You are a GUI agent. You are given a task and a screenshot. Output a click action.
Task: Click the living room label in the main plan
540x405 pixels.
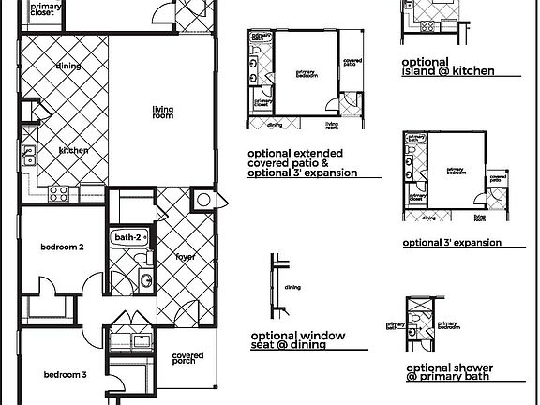[164, 112]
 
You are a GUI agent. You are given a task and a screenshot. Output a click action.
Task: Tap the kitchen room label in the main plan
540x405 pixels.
[73, 150]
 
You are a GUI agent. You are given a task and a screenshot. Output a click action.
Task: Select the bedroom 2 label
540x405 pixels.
[63, 247]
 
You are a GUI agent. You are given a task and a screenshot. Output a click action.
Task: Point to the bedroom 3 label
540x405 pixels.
[66, 375]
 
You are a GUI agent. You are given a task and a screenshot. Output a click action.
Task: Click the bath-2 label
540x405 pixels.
[127, 238]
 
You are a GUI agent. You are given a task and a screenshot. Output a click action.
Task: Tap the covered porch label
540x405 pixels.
[189, 359]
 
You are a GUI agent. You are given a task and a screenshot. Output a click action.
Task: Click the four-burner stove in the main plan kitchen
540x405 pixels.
[58, 195]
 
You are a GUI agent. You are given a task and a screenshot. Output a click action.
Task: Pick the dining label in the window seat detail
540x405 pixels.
[292, 288]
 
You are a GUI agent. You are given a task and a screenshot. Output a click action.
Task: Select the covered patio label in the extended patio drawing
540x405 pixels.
[352, 62]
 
